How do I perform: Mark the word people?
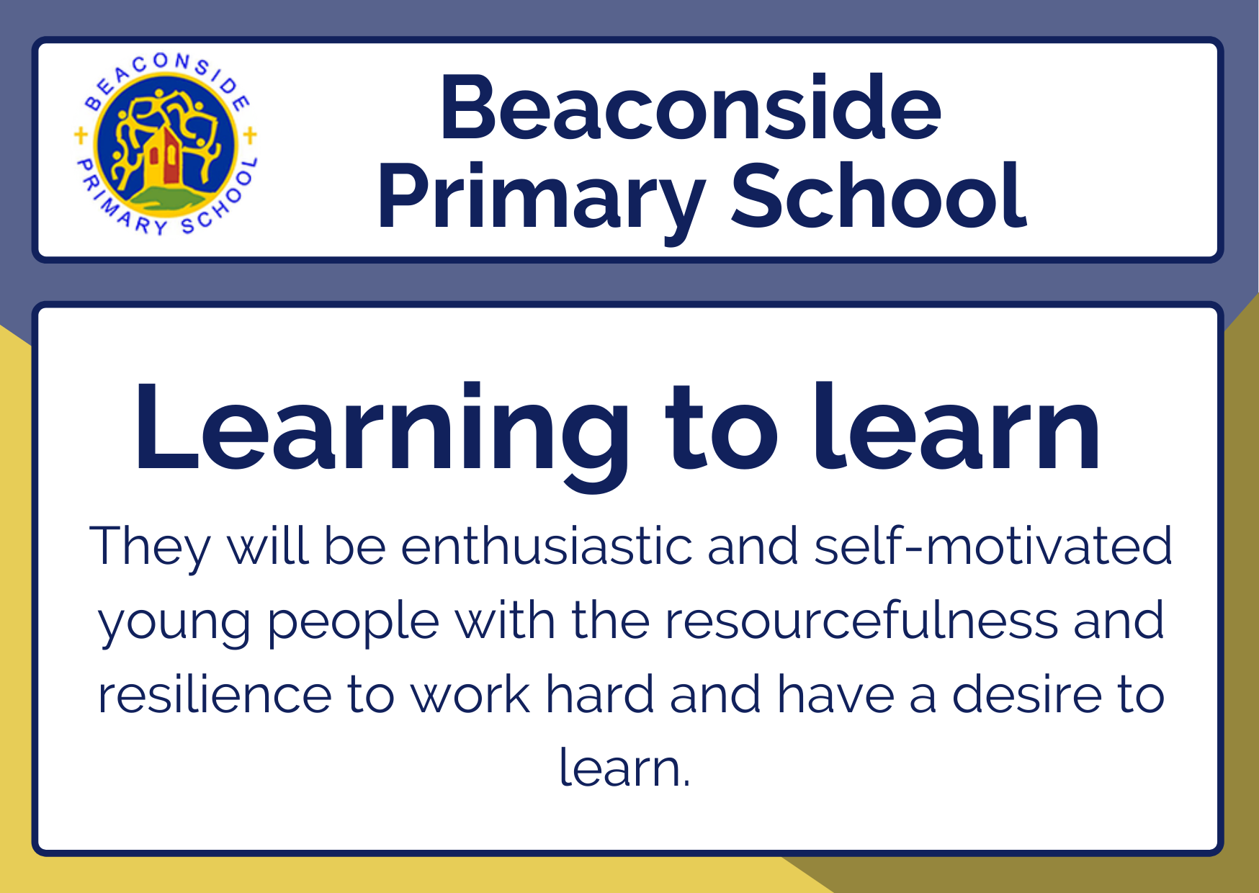point(353,624)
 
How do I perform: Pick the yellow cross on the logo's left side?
point(81,135)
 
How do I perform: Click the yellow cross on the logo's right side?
point(250,135)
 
